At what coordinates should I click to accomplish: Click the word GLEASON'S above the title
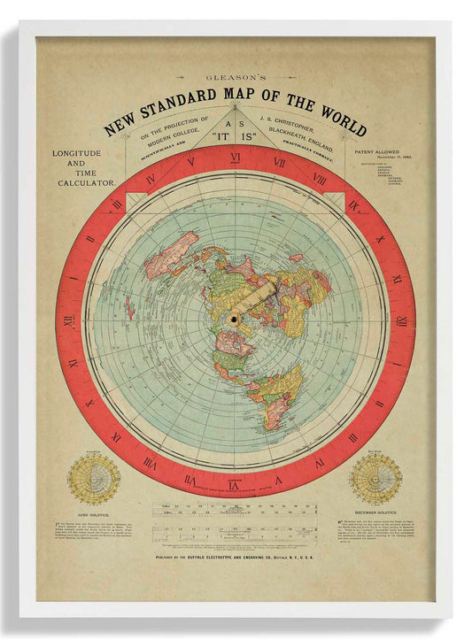coord(236,78)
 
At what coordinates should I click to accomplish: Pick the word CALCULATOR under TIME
coord(87,181)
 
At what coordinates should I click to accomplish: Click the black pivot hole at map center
coord(236,318)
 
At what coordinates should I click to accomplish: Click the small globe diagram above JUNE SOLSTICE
coord(94,479)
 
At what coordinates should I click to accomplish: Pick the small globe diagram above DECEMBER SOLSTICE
coord(375,479)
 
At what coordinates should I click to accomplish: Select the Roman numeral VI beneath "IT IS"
coord(236,159)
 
